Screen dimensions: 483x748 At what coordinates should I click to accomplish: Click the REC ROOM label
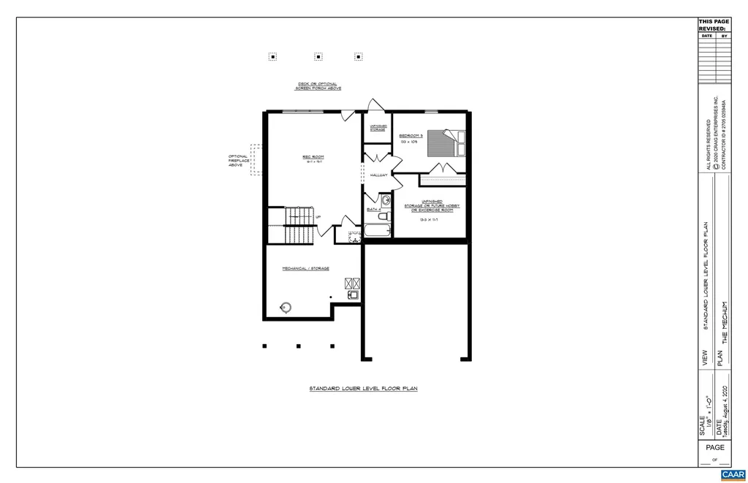[x=313, y=156]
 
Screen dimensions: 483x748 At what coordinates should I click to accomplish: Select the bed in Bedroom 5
[x=446, y=142]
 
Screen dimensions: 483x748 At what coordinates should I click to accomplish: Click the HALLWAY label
[x=378, y=175]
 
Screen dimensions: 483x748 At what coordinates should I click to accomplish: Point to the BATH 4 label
[x=373, y=210]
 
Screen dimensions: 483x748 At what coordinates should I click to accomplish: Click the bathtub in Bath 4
[x=378, y=231]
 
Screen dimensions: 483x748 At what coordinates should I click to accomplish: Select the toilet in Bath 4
[x=382, y=216]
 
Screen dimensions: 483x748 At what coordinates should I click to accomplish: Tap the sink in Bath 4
[x=385, y=199]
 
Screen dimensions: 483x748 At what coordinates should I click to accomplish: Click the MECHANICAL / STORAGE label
[x=305, y=268]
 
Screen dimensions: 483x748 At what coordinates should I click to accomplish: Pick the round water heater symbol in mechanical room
[x=286, y=307]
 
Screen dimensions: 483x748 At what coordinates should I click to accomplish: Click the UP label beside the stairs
[x=318, y=217]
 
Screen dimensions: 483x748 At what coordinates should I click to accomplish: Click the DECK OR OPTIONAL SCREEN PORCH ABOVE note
[x=318, y=86]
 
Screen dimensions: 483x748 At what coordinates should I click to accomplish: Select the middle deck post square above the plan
[x=318, y=56]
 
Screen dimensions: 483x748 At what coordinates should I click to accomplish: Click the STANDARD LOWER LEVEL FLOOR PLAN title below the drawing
[x=363, y=389]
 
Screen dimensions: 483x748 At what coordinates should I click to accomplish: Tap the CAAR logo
[x=733, y=474]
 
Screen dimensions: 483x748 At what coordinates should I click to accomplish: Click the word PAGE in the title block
[x=715, y=447]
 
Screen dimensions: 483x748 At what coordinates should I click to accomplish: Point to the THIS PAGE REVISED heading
[x=713, y=25]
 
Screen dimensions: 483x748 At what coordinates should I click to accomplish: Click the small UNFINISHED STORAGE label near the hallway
[x=378, y=128]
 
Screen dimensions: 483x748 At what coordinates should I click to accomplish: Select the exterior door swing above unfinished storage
[x=375, y=107]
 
